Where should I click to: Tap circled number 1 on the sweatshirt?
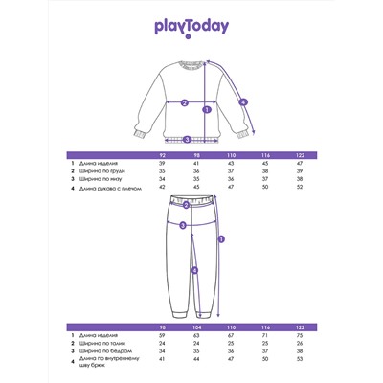207,109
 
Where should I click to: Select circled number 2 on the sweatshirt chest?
183,102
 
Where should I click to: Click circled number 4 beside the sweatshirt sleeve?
243,102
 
